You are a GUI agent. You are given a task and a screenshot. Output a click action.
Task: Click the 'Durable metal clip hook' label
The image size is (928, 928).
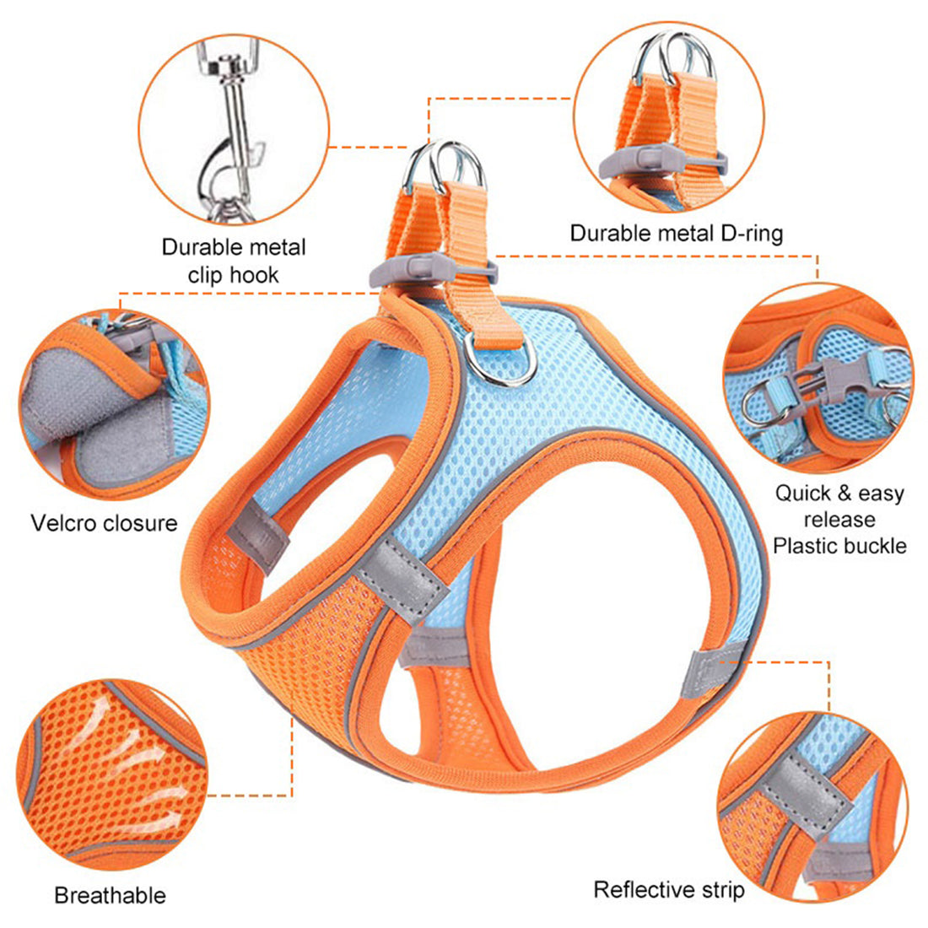(234, 261)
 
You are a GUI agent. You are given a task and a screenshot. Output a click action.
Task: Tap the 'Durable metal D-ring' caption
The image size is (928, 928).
(676, 233)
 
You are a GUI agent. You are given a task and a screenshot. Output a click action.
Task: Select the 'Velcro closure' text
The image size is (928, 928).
(105, 523)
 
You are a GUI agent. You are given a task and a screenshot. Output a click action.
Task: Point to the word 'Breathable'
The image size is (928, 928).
(110, 895)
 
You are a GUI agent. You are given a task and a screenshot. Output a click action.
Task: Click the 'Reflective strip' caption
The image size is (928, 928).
(669, 889)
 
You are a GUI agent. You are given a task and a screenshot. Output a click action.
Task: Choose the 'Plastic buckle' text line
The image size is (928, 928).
(839, 546)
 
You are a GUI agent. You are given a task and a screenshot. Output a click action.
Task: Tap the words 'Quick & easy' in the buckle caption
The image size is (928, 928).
(839, 494)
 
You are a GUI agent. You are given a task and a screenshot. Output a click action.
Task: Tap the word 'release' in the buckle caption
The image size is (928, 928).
(839, 520)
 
